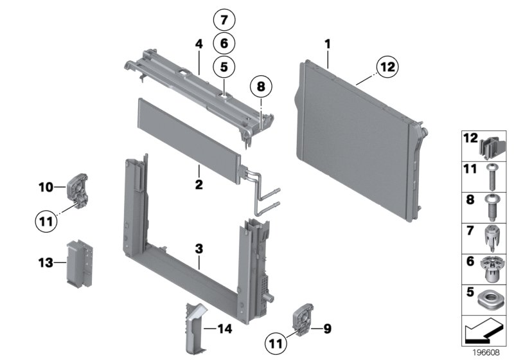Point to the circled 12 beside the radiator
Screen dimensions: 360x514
[387, 66]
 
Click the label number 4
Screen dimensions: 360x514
[199, 44]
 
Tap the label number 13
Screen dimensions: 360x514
[44, 262]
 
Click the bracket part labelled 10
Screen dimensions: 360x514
[78, 189]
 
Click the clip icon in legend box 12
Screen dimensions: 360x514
[493, 145]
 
